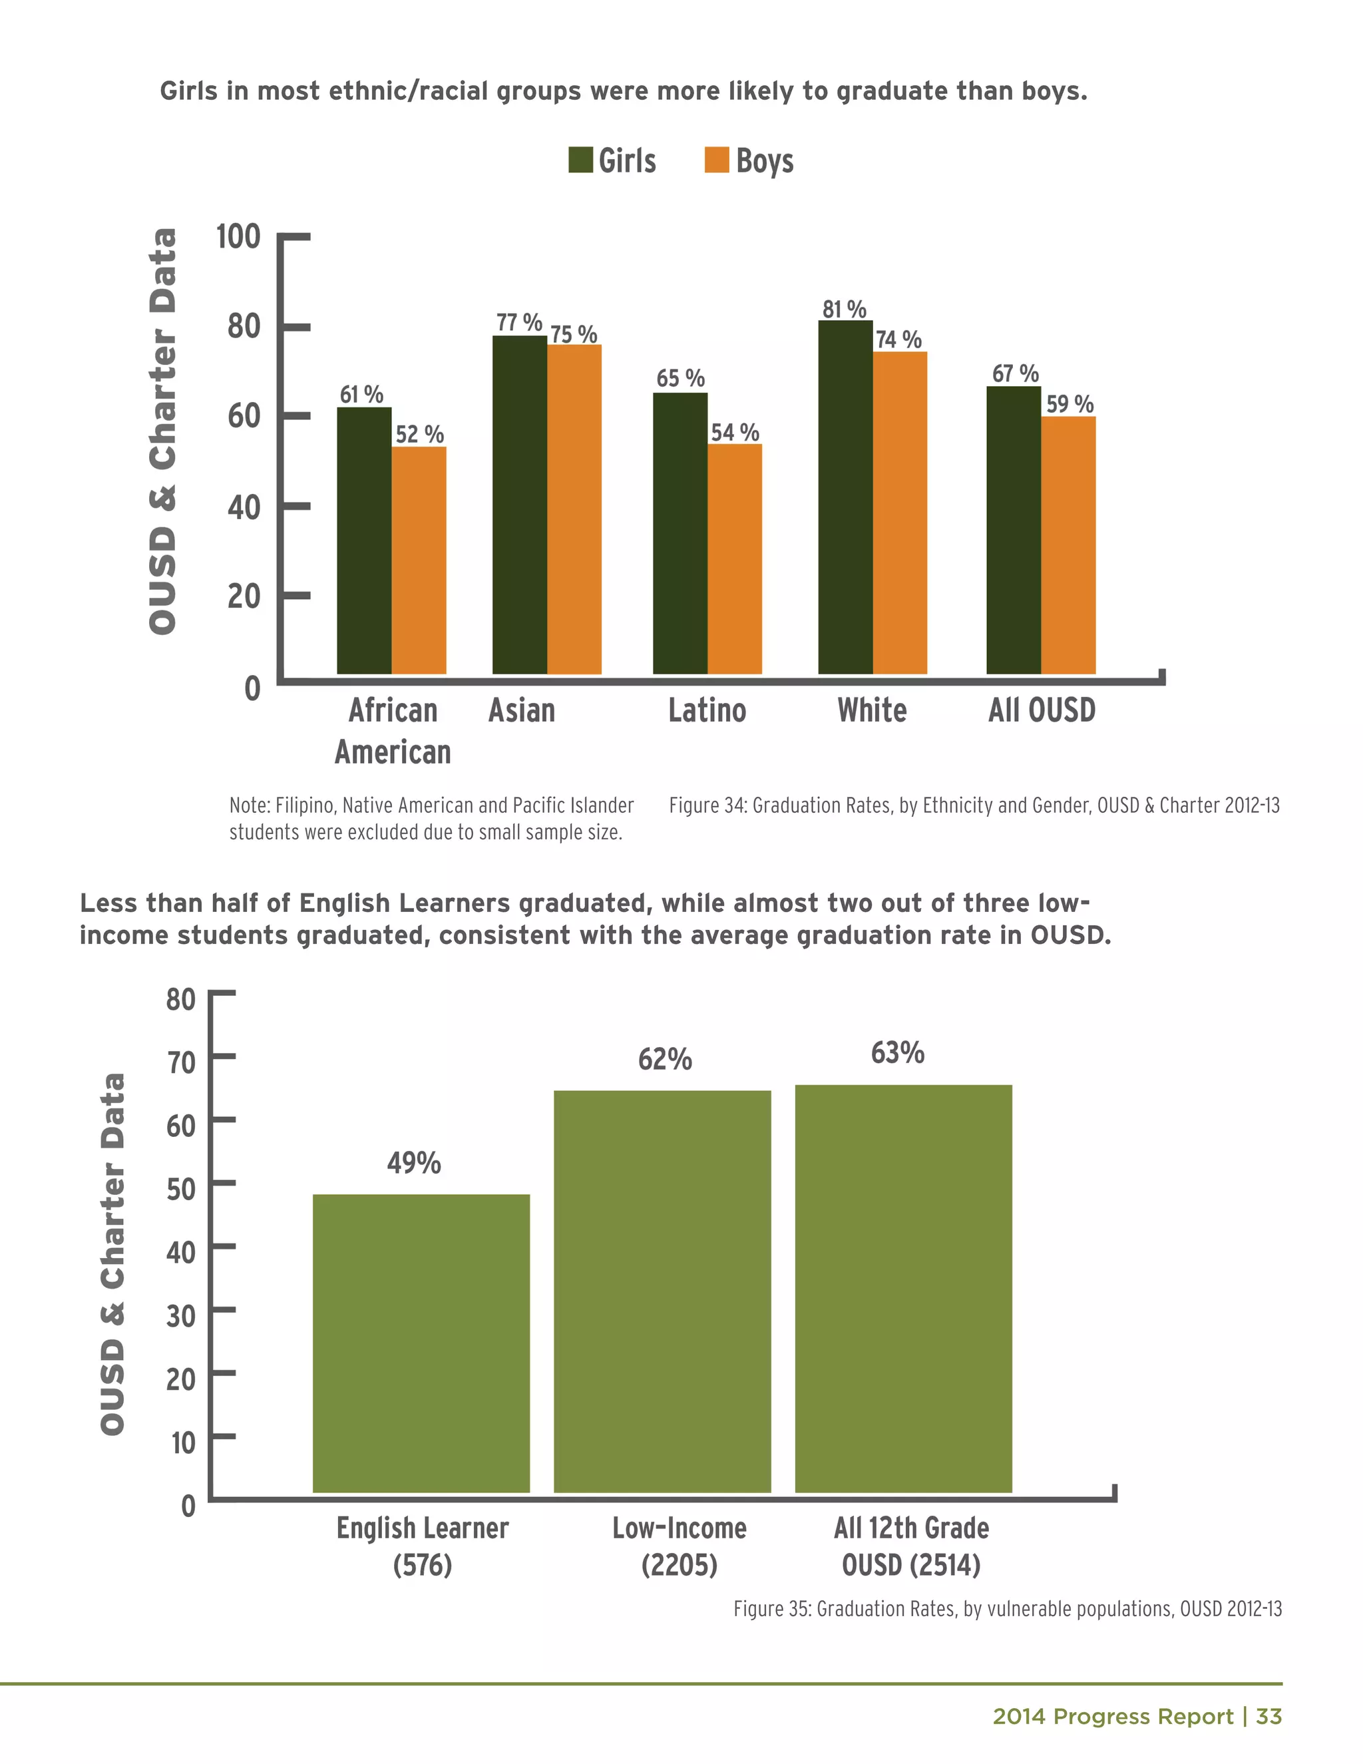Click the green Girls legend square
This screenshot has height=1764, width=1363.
pyautogui.click(x=580, y=160)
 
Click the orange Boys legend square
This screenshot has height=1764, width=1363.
pyautogui.click(x=716, y=160)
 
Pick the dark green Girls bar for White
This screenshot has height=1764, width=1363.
pyautogui.click(x=845, y=497)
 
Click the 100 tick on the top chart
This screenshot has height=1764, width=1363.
pyautogui.click(x=238, y=237)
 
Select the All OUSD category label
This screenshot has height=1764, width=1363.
pyautogui.click(x=1042, y=711)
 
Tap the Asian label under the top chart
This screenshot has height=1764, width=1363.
pyautogui.click(x=522, y=711)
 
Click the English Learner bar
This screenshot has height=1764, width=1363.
pyautogui.click(x=421, y=1343)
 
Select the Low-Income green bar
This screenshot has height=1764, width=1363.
pyautogui.click(x=662, y=1291)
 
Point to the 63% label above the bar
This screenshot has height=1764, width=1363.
pyautogui.click(x=897, y=1052)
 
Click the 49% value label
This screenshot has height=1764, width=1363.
pyautogui.click(x=413, y=1163)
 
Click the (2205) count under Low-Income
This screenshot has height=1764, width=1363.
pyautogui.click(x=679, y=1566)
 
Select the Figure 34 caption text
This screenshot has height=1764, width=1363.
pyautogui.click(x=974, y=805)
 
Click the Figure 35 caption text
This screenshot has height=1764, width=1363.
pyautogui.click(x=1007, y=1609)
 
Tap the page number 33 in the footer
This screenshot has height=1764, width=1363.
pyautogui.click(x=1268, y=1716)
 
